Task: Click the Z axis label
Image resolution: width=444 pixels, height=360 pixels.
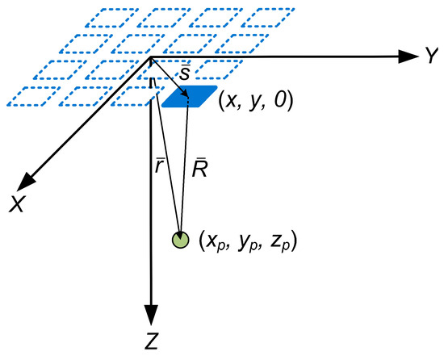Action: click(x=151, y=341)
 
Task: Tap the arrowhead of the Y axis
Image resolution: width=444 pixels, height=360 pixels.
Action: click(x=405, y=57)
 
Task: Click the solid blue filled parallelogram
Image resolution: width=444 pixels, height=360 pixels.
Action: click(x=190, y=97)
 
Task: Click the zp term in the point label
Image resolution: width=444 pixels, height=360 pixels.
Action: click(x=283, y=242)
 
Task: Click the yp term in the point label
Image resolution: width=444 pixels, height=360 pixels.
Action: click(x=248, y=242)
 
